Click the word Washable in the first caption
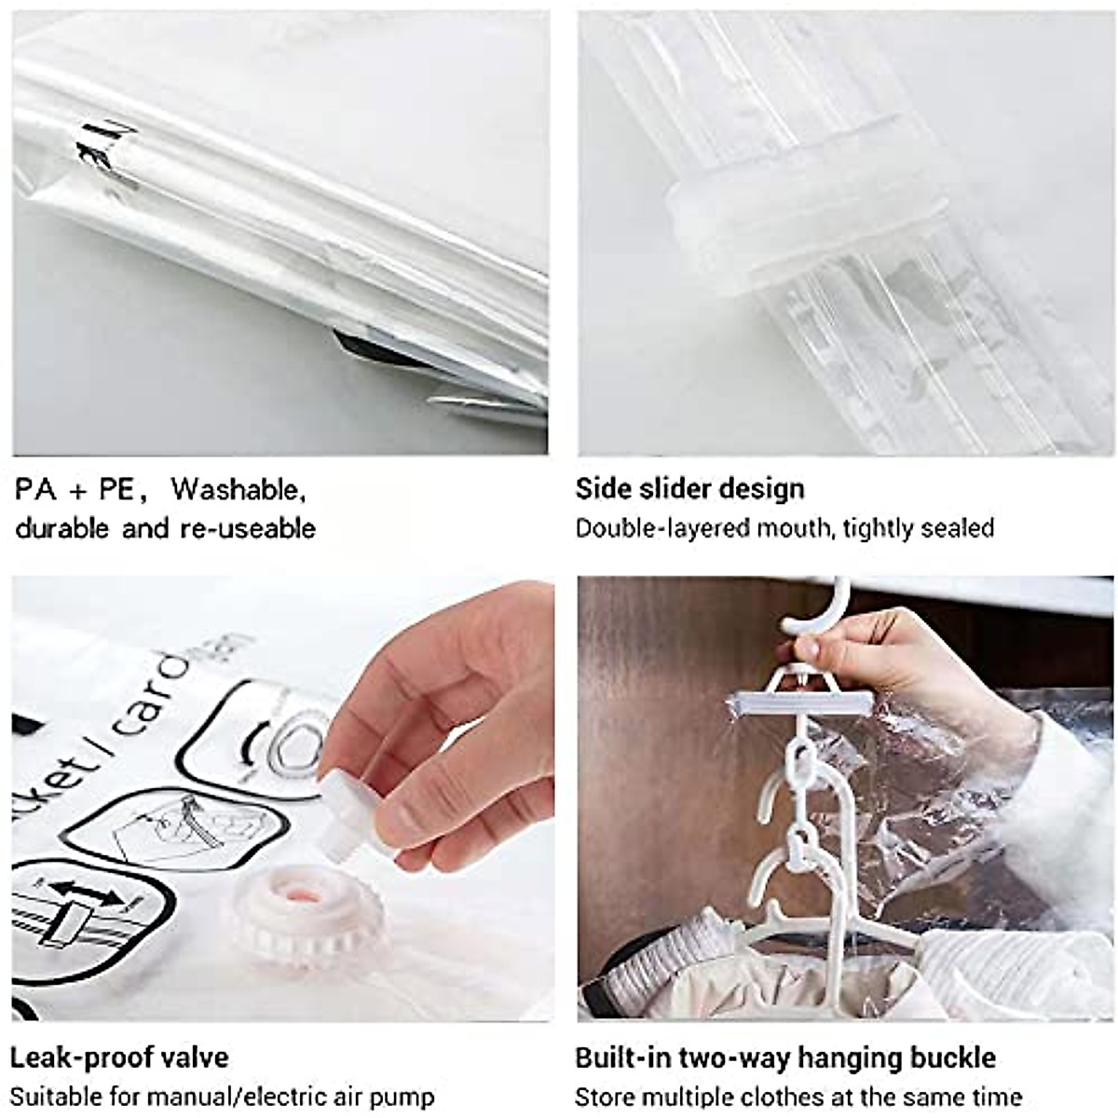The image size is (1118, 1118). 238,489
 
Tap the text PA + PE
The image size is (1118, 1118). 75,490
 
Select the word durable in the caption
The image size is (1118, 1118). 61,529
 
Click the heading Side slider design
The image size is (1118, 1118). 689,489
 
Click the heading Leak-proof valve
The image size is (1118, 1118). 119,1058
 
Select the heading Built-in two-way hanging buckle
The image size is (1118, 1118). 784,1058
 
